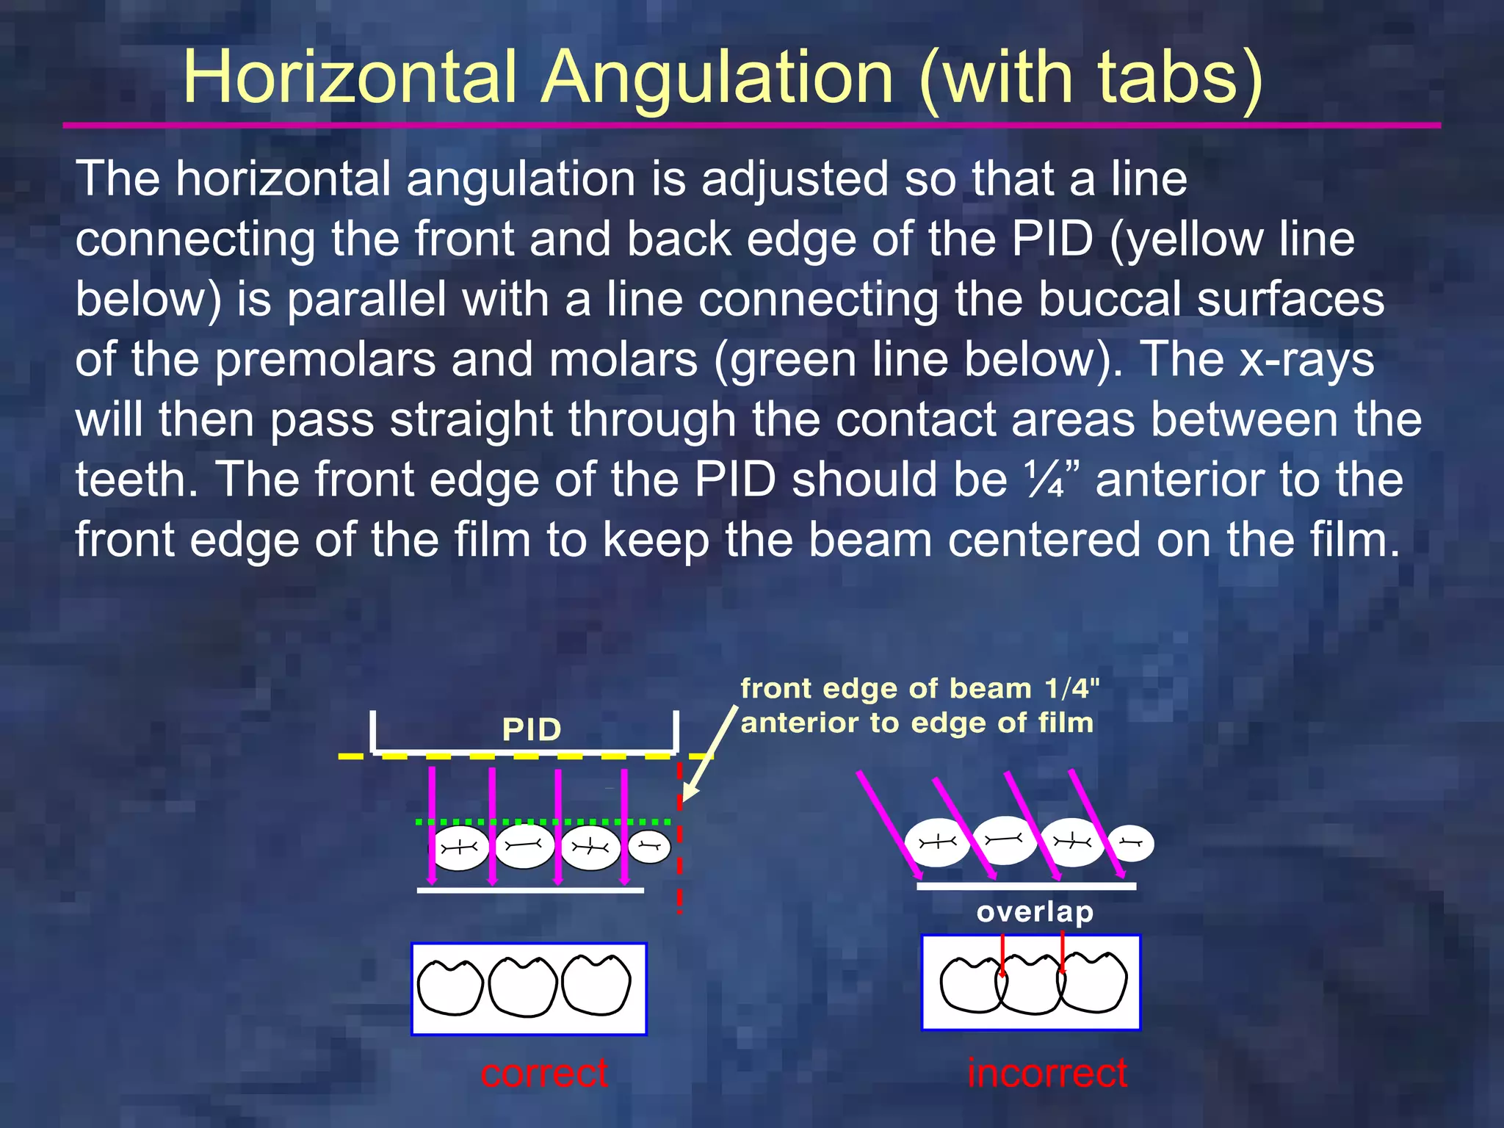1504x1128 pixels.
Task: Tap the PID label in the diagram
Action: coord(532,730)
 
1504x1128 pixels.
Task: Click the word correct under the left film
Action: coord(544,1073)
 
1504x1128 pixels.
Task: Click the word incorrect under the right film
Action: coord(1046,1073)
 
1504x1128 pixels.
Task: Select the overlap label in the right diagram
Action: coord(1035,911)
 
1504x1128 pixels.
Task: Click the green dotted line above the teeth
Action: coord(543,822)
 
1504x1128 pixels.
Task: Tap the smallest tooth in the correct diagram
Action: coord(649,847)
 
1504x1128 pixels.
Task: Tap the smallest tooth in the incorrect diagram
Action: coord(1130,843)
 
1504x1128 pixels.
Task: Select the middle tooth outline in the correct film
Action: coord(523,987)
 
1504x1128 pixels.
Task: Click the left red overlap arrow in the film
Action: coord(1003,955)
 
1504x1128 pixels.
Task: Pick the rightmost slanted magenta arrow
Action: coord(1096,822)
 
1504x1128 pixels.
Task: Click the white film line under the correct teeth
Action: coord(530,890)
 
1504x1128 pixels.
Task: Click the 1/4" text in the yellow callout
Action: coord(1071,689)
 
